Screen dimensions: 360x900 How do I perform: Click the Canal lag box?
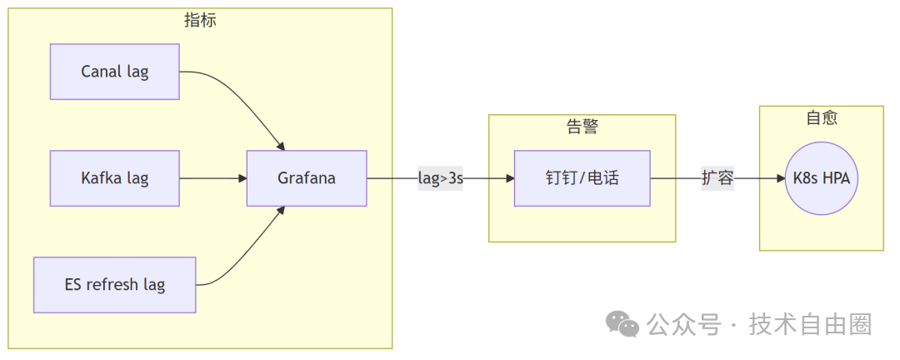[x=115, y=72]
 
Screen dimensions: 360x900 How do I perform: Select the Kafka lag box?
[x=115, y=178]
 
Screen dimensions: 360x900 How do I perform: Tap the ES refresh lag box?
[x=115, y=285]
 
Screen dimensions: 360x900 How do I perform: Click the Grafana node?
[x=307, y=178]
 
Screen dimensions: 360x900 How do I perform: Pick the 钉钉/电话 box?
[x=582, y=178]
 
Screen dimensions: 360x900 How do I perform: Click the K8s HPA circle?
[x=821, y=178]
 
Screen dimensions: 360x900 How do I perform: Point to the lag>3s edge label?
[x=440, y=178]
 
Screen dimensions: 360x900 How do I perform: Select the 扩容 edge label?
[x=717, y=178]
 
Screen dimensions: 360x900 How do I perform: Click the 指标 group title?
[x=200, y=21]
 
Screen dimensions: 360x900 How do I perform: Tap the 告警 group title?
[x=582, y=127]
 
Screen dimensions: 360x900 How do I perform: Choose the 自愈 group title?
[x=821, y=118]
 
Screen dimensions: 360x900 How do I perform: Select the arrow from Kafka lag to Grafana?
[x=212, y=178]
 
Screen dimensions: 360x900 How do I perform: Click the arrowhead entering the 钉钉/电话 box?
[x=508, y=178]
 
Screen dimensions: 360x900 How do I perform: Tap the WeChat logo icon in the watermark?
[x=622, y=324]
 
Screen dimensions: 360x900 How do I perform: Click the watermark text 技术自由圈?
[x=810, y=324]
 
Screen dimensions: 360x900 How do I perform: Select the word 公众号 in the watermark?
[x=683, y=324]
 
